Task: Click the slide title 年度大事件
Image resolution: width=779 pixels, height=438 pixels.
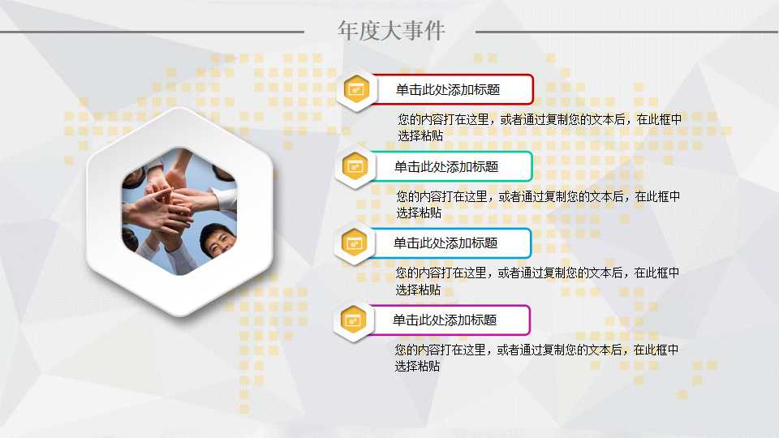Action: pyautogui.click(x=391, y=31)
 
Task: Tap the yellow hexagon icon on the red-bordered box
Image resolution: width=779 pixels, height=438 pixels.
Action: pyautogui.click(x=355, y=89)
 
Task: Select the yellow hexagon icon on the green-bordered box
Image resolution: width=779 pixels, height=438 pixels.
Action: pyautogui.click(x=355, y=166)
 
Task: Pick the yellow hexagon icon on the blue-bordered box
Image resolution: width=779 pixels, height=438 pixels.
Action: pyautogui.click(x=354, y=243)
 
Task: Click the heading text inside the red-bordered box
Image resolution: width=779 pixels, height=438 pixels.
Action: pyautogui.click(x=447, y=90)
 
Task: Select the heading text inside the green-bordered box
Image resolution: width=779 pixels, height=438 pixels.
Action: pyautogui.click(x=446, y=166)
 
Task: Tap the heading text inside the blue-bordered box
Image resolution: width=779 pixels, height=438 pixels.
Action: pyautogui.click(x=445, y=243)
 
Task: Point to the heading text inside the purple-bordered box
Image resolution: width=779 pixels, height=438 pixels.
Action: pyautogui.click(x=445, y=320)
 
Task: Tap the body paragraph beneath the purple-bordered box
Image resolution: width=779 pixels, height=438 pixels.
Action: pyautogui.click(x=536, y=358)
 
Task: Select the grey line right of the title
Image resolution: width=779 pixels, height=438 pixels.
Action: pyautogui.click(x=626, y=32)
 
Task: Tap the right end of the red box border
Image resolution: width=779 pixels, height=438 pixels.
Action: pyautogui.click(x=532, y=89)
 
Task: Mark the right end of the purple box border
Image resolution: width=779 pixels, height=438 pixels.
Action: pyautogui.click(x=529, y=320)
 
